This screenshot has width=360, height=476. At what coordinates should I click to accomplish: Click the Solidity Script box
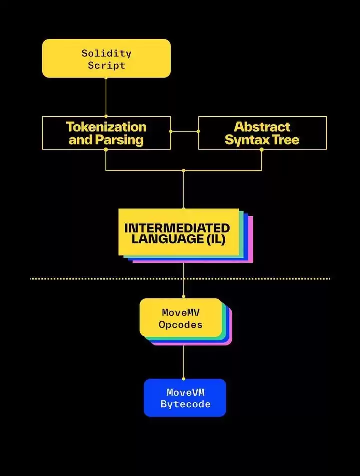point(106,59)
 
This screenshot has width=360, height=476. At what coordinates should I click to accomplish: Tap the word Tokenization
point(106,127)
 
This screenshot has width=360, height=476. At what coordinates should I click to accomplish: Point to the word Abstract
point(262,127)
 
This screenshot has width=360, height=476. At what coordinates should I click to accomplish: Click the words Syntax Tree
point(262,140)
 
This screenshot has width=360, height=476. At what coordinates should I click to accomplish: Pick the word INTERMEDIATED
point(177,228)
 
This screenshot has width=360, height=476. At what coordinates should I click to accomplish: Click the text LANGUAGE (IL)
point(178,239)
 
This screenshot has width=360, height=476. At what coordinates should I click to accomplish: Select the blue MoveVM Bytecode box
point(185,398)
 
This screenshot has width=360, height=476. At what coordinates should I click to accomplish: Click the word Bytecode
point(185,404)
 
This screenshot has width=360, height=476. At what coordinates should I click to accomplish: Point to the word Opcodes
point(180,324)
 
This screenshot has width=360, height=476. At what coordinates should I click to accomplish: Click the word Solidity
point(106,53)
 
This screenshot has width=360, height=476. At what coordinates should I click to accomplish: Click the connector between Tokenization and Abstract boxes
point(185,132)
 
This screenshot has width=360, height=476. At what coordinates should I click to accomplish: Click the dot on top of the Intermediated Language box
point(183,208)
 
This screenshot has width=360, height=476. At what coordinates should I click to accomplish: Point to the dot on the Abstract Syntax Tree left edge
point(198,132)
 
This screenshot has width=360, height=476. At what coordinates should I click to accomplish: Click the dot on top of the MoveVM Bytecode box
point(183,379)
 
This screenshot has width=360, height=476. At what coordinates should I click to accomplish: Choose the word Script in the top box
point(106,65)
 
